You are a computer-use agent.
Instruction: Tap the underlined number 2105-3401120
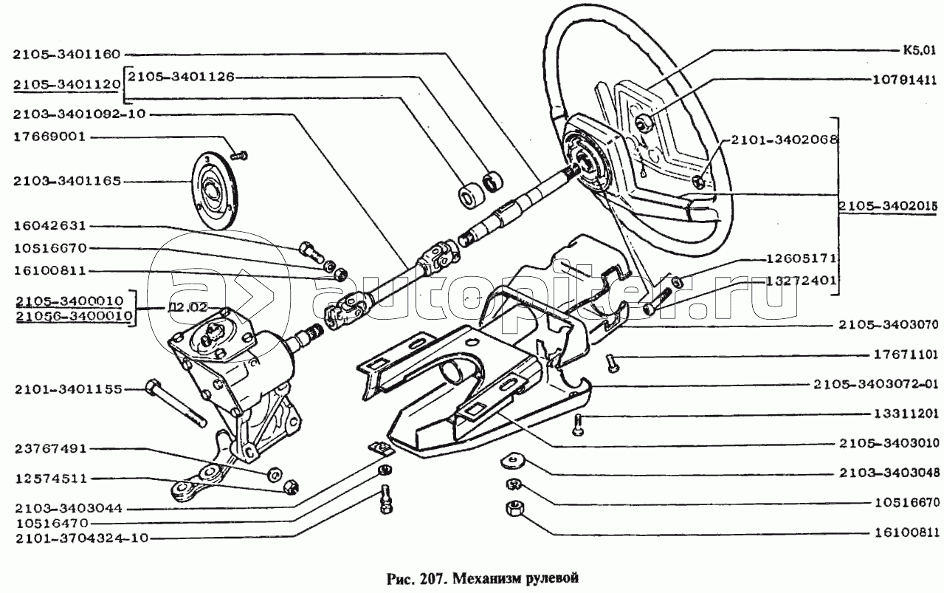point(66,85)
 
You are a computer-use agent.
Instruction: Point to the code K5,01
point(917,51)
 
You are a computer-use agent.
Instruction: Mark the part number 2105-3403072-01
point(878,385)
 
